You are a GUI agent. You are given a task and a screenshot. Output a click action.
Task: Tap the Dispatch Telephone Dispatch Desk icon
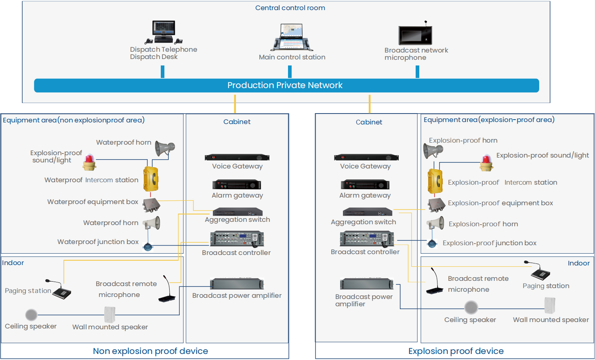(164, 32)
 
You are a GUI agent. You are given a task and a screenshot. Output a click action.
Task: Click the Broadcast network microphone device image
(416, 35)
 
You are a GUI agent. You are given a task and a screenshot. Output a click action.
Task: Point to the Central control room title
(290, 8)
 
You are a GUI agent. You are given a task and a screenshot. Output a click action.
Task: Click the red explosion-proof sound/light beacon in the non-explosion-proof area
(89, 162)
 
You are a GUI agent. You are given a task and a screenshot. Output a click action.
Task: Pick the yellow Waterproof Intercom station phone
(151, 179)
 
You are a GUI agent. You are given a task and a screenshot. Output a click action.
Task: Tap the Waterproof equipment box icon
(151, 205)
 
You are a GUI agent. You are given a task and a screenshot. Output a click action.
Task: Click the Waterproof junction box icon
(148, 246)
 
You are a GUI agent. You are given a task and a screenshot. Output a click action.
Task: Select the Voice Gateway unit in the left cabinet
(237, 158)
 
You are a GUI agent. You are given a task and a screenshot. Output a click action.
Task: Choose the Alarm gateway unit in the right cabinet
(365, 185)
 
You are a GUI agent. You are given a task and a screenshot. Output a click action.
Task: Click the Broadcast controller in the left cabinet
(237, 239)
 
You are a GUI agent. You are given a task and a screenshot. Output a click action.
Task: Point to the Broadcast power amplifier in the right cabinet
(366, 284)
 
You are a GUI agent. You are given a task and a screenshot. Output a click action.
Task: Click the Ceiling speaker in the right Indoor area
(471, 308)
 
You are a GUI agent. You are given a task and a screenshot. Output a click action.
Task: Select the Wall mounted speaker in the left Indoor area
(109, 314)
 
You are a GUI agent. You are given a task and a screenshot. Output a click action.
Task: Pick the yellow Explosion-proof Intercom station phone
(435, 181)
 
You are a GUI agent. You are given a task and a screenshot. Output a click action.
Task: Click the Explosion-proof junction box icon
(432, 243)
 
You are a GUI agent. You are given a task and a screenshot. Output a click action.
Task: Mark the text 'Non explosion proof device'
(150, 351)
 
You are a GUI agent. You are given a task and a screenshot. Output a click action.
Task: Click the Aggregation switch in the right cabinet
(367, 212)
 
